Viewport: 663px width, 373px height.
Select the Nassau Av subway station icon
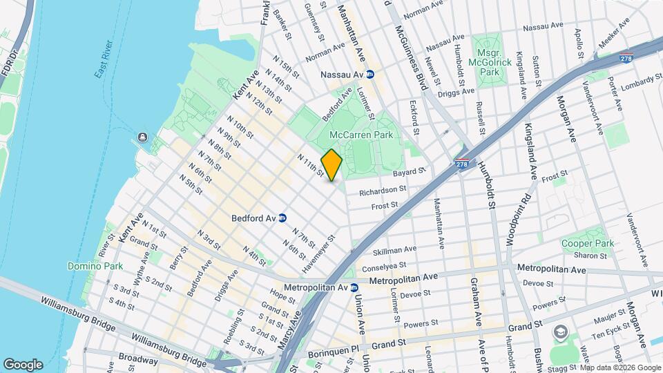point(370,74)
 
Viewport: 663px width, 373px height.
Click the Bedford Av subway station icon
point(282,218)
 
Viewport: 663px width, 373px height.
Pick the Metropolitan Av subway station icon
point(354,287)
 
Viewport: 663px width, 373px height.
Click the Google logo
point(23,364)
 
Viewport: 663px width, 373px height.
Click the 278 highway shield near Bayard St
point(462,164)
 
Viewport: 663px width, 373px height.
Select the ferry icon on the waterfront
point(143,137)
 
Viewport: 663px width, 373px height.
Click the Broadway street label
point(139,358)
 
